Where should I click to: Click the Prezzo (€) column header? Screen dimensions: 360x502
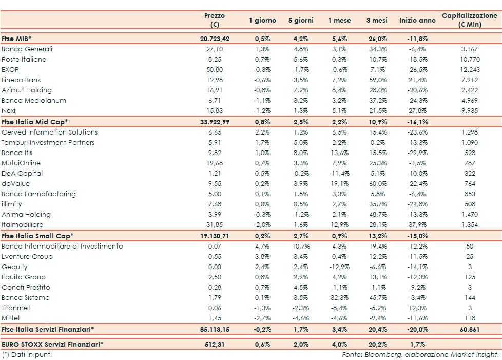[214, 20]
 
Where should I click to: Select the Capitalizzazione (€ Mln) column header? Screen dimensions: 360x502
[470, 20]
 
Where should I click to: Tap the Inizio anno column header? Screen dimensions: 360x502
[417, 21]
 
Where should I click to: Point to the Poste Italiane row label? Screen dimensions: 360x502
[24, 59]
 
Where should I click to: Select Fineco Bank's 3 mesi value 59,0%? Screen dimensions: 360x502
[377, 80]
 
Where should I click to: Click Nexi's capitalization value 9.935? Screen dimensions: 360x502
[470, 110]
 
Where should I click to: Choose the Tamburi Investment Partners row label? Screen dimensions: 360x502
[48, 142]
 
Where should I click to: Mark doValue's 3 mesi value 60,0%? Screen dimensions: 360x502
[377, 183]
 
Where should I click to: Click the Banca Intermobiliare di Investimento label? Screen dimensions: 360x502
[62, 246]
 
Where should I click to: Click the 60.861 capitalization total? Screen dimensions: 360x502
[470, 329]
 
